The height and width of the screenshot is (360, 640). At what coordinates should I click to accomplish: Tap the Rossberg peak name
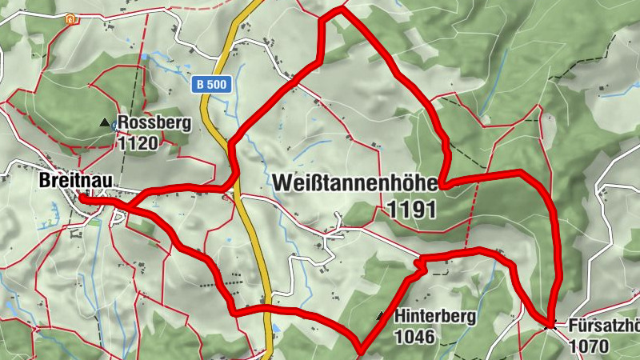pos(154,124)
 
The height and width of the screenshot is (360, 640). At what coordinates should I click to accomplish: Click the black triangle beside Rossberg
pos(104,123)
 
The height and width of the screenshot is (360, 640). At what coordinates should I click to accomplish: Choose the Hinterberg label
pos(435,317)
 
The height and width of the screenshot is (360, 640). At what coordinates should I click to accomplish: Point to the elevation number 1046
pos(414,337)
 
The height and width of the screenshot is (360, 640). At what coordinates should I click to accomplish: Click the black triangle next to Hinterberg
pos(381,316)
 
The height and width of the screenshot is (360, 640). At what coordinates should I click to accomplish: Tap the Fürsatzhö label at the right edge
pos(604,326)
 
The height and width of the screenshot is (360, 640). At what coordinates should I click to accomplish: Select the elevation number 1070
pos(589,346)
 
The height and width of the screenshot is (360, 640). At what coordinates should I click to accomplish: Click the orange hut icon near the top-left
pos(74,18)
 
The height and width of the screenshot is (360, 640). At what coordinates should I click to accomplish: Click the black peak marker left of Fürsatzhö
pos(549,325)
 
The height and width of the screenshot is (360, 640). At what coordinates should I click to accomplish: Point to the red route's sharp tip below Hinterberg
pos(360,350)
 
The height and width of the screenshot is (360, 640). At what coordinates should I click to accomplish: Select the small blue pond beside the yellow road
pos(276,327)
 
